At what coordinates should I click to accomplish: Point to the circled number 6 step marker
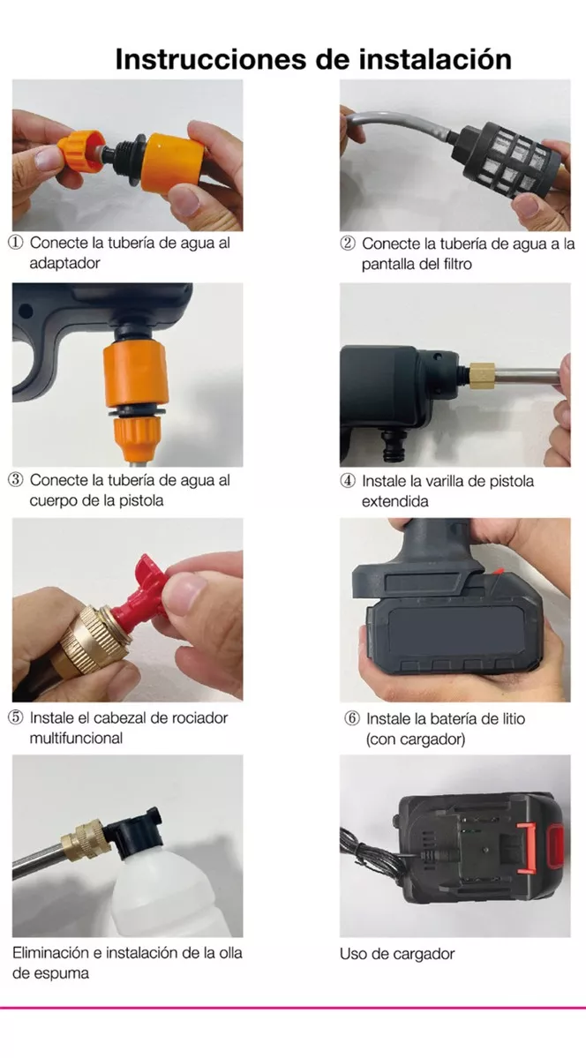[x=352, y=718]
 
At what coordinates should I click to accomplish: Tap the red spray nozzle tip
[x=141, y=594]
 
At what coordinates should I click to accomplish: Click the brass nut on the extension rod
[x=482, y=373]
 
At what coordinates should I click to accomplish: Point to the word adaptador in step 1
[x=64, y=263]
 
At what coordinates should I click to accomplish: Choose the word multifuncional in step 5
[x=76, y=739]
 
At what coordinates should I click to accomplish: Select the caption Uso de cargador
[x=397, y=954]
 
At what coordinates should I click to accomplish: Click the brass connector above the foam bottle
[x=85, y=839]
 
